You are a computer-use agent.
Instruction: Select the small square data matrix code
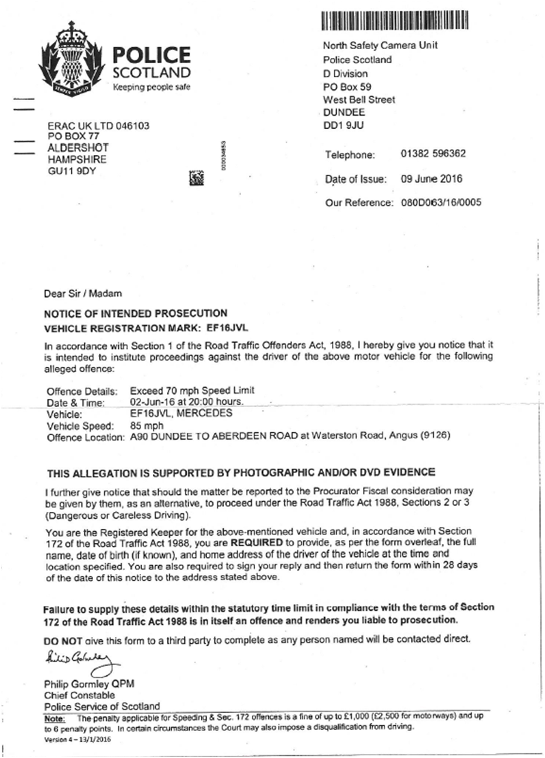tap(197, 177)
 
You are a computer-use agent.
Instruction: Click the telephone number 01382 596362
tap(433, 154)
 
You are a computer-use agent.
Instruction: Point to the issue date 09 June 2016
tap(431, 179)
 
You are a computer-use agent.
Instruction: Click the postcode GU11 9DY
tap(71, 171)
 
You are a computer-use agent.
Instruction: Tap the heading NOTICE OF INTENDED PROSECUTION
tap(136, 313)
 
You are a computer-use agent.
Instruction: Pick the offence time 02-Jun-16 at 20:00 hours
tap(186, 402)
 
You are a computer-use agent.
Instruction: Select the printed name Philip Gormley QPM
tap(89, 684)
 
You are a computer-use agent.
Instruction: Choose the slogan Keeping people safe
tap(152, 87)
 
